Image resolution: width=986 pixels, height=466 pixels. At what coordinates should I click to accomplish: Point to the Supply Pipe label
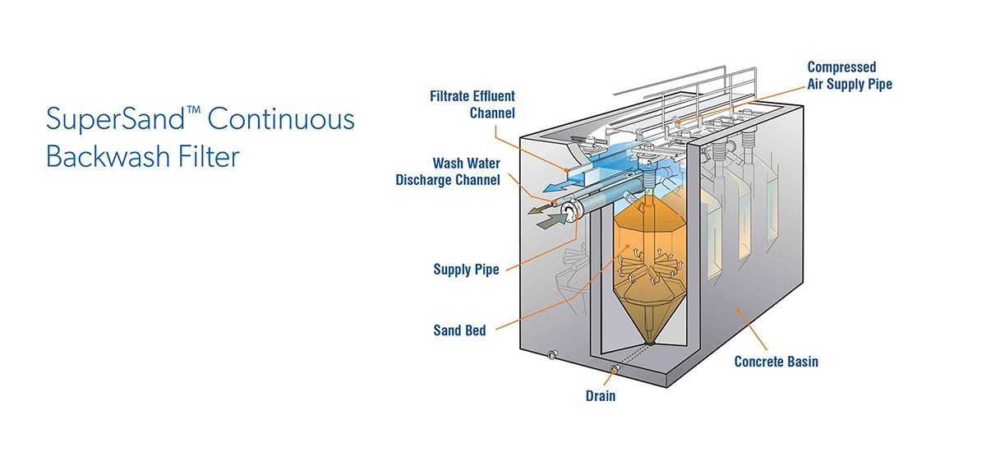point(466,270)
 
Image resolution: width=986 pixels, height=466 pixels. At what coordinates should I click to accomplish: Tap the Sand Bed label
point(459,330)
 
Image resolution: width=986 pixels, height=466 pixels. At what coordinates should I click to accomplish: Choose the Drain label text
point(600,396)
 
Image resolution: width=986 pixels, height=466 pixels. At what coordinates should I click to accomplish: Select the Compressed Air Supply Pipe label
point(849,76)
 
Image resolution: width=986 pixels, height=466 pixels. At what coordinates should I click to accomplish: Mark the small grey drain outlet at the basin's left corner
point(551,355)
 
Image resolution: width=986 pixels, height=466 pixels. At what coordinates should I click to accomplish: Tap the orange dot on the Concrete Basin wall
point(739,310)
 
